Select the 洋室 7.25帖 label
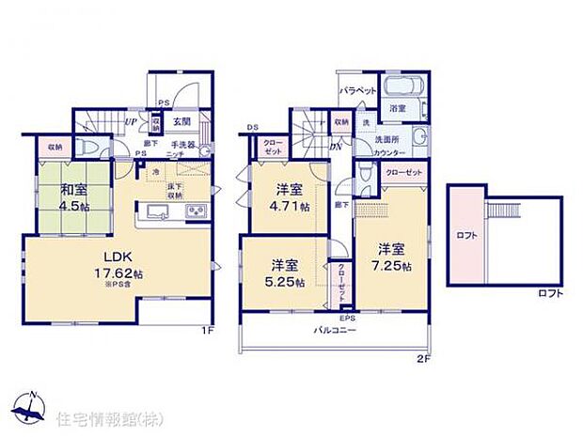391,257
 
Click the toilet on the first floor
83,148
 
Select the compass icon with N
30,406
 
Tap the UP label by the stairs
134,121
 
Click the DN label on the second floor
335,145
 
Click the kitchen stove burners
197,211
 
